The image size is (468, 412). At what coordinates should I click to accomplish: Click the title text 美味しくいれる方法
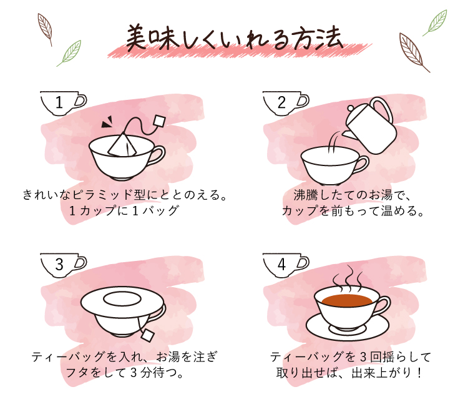coord(234,38)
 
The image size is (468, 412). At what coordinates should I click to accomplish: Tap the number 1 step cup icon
coord(63,103)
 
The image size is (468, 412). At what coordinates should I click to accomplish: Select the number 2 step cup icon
coord(286,103)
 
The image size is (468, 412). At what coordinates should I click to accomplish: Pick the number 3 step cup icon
coord(63,265)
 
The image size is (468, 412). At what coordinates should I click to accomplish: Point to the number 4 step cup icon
coord(286,265)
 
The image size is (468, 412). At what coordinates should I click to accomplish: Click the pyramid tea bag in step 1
coord(122,144)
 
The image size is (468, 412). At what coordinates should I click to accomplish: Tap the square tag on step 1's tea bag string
coord(159,120)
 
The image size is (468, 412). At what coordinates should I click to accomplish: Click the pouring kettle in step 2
coord(370,126)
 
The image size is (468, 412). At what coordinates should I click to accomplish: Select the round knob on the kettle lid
coord(351,109)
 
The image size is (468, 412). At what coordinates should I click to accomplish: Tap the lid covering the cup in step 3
coord(123,302)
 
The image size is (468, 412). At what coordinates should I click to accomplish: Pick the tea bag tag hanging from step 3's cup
coord(147,335)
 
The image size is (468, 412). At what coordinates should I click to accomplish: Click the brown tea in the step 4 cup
coord(347,300)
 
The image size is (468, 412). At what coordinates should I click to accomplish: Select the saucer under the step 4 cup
coord(348,328)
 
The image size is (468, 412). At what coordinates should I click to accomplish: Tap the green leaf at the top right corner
coord(435,22)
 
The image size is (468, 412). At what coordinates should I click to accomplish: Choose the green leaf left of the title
coord(69,53)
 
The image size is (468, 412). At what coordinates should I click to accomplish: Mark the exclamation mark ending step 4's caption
coord(419,373)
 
